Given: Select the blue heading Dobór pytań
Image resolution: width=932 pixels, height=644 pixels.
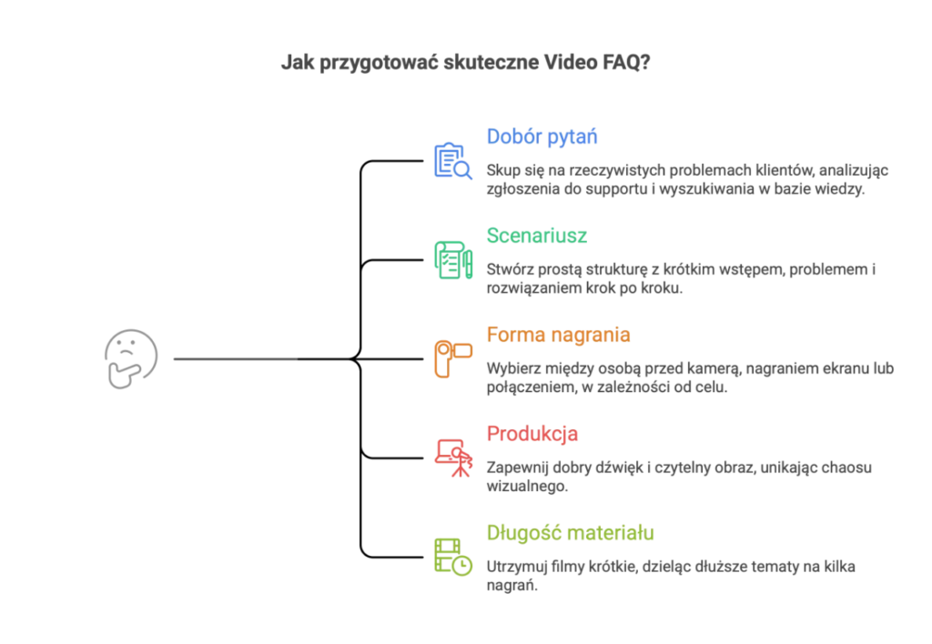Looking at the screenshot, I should [x=542, y=137].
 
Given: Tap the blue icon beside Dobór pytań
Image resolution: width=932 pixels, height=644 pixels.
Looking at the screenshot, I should [x=451, y=159].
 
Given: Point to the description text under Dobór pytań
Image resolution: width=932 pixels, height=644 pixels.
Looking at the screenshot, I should [x=688, y=179].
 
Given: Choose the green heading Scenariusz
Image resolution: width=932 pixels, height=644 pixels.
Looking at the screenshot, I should [x=536, y=236].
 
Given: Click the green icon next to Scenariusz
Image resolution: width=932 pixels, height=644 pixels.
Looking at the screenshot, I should [x=451, y=260].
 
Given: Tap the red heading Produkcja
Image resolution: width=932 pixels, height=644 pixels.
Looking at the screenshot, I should [x=532, y=434].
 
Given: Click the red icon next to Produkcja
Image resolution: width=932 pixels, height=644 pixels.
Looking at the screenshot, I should [x=451, y=458].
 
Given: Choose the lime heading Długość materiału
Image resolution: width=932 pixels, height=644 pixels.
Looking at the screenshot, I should [x=569, y=533].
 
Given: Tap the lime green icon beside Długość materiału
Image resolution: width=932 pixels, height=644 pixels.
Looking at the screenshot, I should [x=451, y=556].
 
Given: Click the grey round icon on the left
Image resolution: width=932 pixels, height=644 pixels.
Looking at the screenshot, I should [x=131, y=359].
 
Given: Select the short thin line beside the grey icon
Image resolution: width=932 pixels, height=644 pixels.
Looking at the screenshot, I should [x=233, y=361].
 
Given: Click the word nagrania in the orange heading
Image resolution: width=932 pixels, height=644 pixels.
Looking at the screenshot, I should [x=590, y=336].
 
